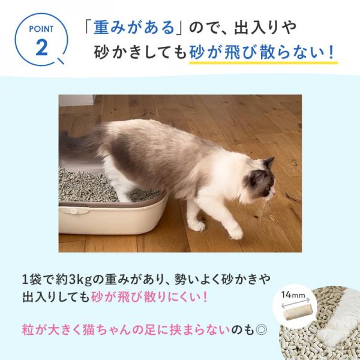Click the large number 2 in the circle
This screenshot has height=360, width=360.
coord(41,47)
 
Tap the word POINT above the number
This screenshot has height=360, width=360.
coord(41,29)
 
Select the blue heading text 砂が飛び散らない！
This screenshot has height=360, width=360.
coord(262,53)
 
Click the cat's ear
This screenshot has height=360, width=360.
coord(268,163)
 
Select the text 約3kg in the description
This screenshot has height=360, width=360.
coord(71,279)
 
